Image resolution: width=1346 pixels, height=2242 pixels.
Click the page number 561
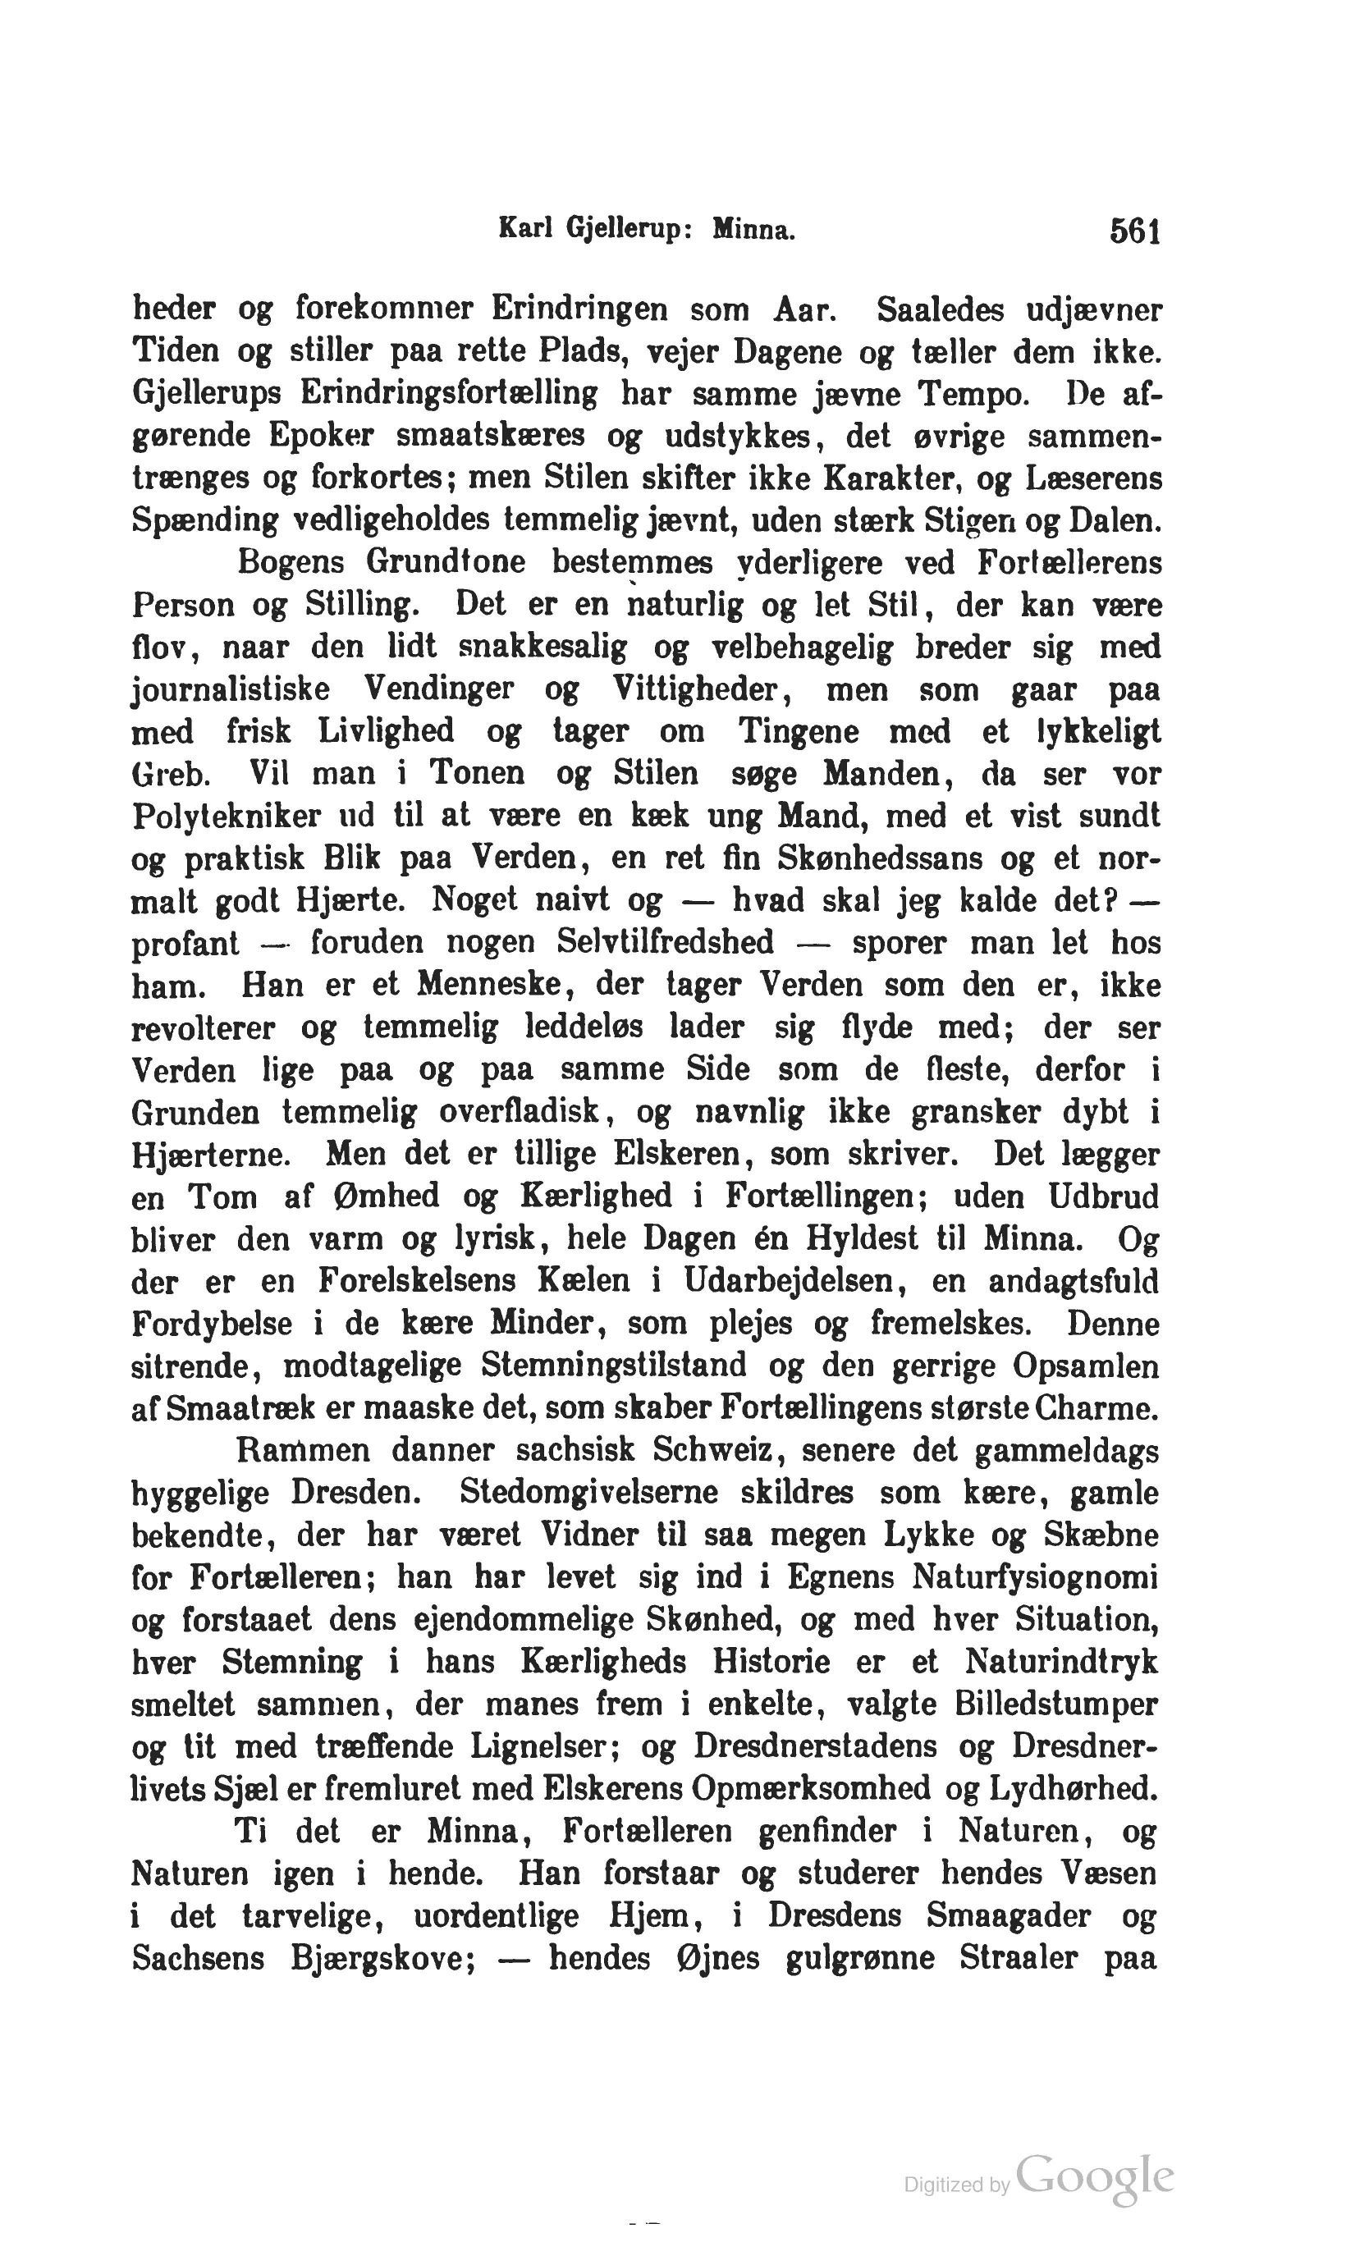(1133, 233)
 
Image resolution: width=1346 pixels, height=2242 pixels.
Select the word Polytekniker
(226, 817)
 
